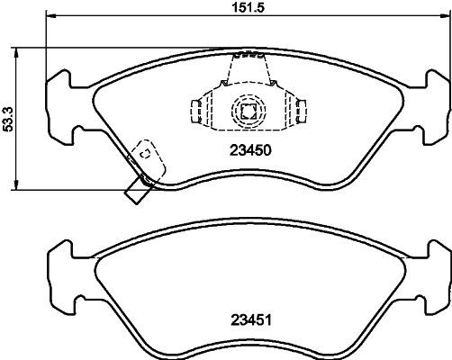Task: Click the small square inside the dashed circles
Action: pos(246,111)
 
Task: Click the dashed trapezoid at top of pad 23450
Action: pos(246,67)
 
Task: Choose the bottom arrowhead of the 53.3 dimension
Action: pos(18,185)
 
